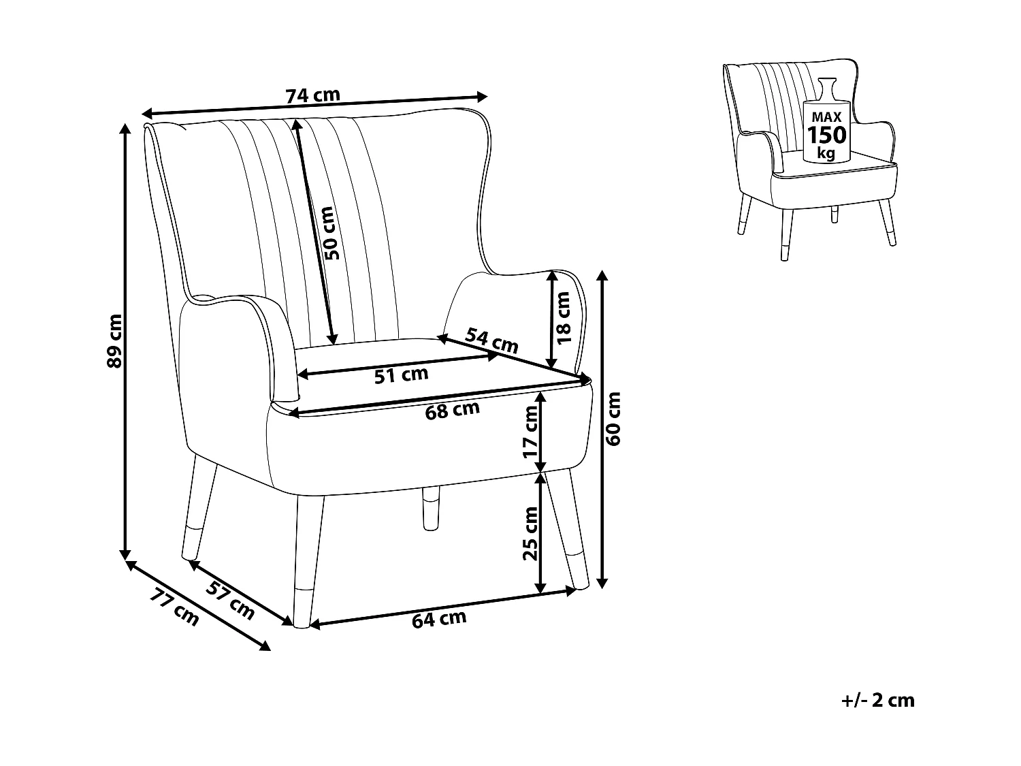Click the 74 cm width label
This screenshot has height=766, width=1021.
(312, 96)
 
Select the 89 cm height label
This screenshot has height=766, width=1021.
(115, 340)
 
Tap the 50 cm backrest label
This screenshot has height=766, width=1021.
(331, 234)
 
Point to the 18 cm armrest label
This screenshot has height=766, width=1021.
(563, 318)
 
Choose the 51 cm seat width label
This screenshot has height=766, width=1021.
(402, 374)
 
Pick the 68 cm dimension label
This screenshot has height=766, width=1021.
(453, 411)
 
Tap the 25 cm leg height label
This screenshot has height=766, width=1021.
(530, 533)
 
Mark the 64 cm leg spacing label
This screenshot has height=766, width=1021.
(439, 619)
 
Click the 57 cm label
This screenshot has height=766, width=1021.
(231, 600)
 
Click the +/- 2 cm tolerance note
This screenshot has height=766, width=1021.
(878, 700)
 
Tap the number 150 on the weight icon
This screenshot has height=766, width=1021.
(826, 135)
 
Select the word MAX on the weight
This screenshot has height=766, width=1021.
(826, 118)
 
